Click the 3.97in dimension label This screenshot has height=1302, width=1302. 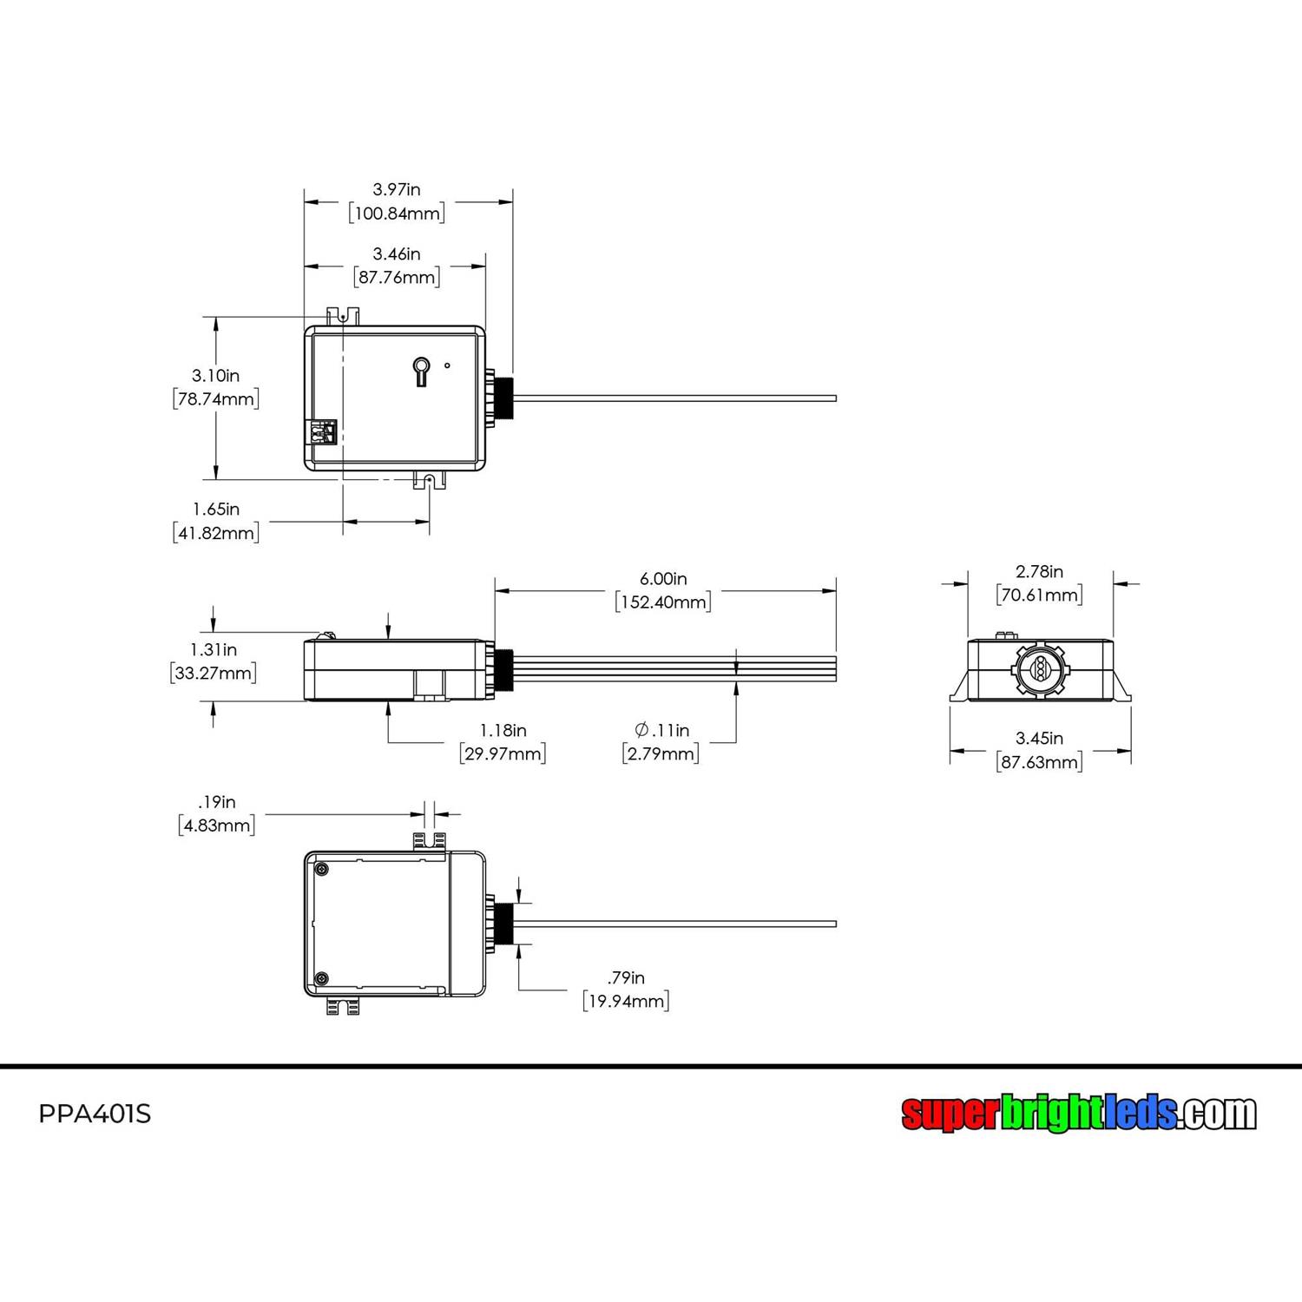pos(397,189)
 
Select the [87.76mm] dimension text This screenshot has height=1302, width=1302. pos(397,278)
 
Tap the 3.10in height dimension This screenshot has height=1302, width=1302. pos(215,376)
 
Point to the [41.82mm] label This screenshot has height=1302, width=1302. pos(216,533)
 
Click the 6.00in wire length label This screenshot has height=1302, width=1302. pos(663,579)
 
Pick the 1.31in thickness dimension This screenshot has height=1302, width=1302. pos(214,650)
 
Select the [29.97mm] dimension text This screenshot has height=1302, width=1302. pos(503,753)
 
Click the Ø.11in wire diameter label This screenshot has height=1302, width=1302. pos(661,731)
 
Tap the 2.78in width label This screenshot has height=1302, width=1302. pos(1039,572)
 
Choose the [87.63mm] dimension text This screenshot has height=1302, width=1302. pos(1039,762)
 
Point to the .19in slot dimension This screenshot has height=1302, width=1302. pos(216,802)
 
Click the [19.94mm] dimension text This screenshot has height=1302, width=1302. pos(626,1002)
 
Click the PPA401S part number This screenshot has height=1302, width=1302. pos(95,1114)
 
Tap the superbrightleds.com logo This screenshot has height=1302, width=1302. pos(1078,1113)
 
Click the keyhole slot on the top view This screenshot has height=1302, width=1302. pos(421,371)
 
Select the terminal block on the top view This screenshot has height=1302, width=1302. pos(322,432)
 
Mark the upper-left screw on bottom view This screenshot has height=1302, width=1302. pos(322,870)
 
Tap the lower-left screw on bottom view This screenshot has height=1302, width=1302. pos(322,978)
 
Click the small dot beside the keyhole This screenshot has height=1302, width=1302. pos(447,365)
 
